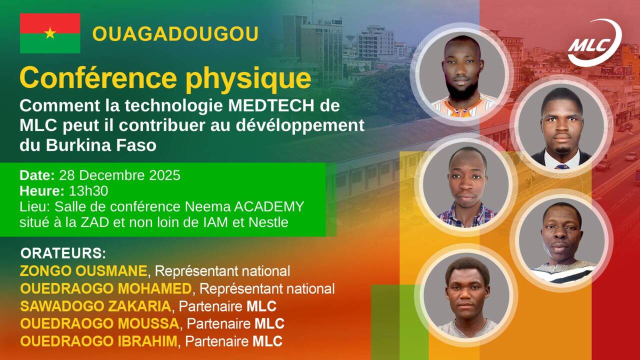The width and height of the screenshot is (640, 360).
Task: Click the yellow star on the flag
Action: click(50, 33)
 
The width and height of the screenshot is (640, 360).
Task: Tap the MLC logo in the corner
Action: click(594, 43)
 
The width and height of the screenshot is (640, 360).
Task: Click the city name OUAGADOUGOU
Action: click(175, 34)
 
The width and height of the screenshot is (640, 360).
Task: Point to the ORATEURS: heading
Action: click(63, 252)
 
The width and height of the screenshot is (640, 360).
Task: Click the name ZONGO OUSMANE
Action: click(83, 271)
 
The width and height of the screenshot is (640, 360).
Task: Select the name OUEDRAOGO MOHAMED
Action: click(105, 289)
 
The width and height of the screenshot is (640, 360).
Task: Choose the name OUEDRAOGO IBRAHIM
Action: click(98, 341)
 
